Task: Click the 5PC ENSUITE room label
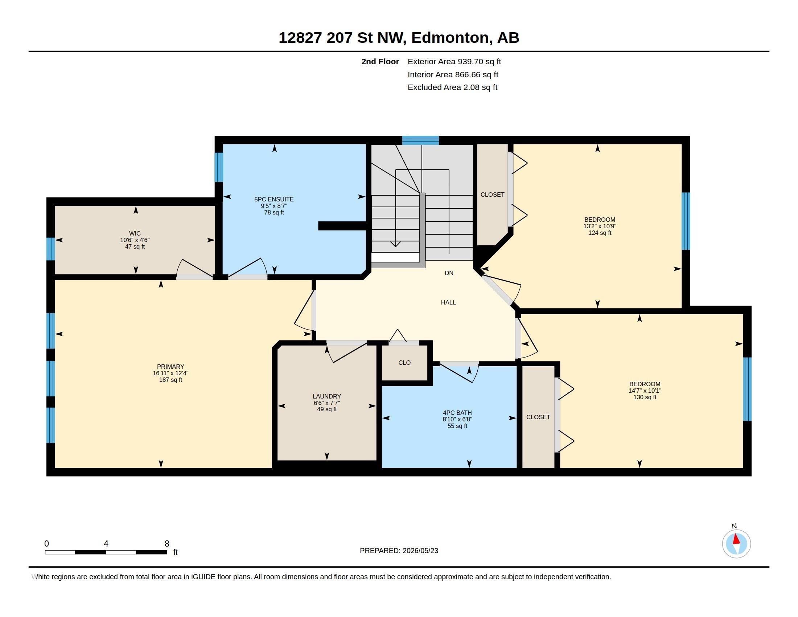click(274, 199)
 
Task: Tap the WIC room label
click(135, 233)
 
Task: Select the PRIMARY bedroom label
click(170, 367)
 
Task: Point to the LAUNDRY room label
click(327, 396)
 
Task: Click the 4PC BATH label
click(457, 413)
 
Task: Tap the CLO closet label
click(404, 363)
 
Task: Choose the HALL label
click(448, 302)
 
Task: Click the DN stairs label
click(449, 273)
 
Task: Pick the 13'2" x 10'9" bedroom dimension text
click(600, 226)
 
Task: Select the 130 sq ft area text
click(645, 397)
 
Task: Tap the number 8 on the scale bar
click(167, 544)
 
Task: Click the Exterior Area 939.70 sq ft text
click(454, 61)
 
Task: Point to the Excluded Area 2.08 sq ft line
click(452, 87)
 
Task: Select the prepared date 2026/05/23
click(420, 551)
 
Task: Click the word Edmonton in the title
click(450, 38)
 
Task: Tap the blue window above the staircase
click(420, 140)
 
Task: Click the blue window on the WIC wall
click(51, 249)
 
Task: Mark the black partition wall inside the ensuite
click(342, 226)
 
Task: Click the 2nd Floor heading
click(380, 61)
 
